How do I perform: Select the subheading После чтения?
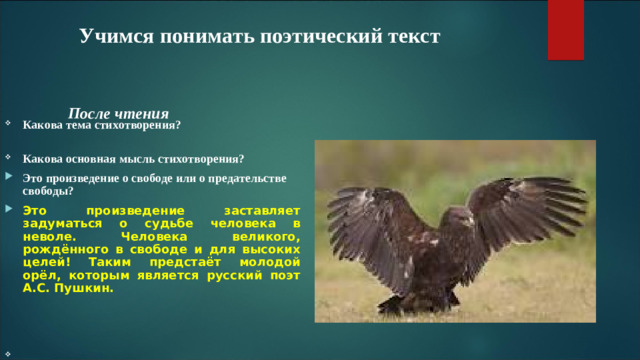pyautogui.click(x=118, y=114)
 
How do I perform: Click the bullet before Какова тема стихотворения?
pyautogui.click(x=8, y=126)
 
